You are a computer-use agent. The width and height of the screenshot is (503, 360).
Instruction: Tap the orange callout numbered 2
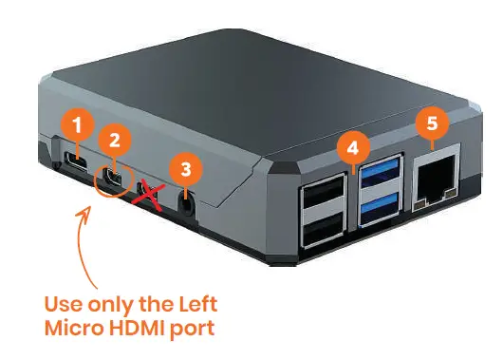click(115, 141)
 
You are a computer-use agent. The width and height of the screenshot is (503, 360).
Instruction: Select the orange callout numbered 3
click(186, 170)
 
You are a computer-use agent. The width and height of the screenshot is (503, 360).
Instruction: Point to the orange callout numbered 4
click(353, 147)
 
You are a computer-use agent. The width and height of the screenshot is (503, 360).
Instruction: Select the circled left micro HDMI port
click(113, 178)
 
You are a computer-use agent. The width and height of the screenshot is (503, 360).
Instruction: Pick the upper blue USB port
click(378, 175)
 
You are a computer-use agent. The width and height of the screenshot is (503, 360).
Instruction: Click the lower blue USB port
click(378, 201)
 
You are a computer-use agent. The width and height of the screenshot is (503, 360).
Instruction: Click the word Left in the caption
click(196, 307)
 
